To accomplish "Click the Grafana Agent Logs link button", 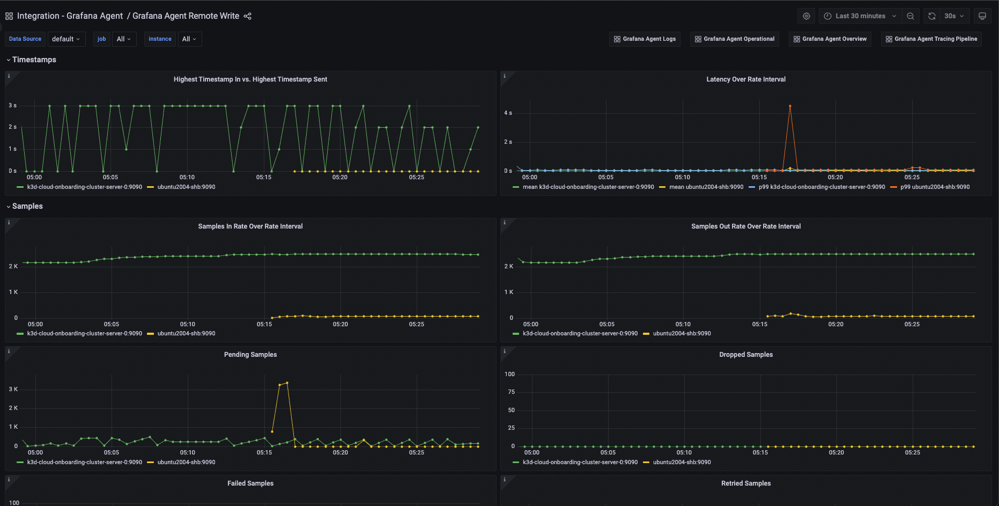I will (645, 39).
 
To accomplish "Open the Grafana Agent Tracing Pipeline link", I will (931, 39).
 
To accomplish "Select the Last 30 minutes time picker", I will (860, 16).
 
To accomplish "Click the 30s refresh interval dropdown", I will (954, 16).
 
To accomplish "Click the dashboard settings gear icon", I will (806, 16).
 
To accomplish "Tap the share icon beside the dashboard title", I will (247, 16).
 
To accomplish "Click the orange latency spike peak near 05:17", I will (790, 106).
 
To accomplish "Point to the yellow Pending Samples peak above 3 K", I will (287, 383).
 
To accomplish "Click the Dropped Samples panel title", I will (745, 355).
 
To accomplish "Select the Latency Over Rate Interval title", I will (745, 79).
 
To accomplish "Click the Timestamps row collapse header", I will (33, 60).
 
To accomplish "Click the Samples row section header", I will (27, 206).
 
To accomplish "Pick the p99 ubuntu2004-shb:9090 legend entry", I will (935, 187).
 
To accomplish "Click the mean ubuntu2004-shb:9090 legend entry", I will (706, 187).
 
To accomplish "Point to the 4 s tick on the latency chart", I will (508, 113).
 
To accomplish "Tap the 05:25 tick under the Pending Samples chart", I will (416, 453).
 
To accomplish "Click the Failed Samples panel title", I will (250, 483).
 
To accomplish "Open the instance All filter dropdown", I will (189, 39).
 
